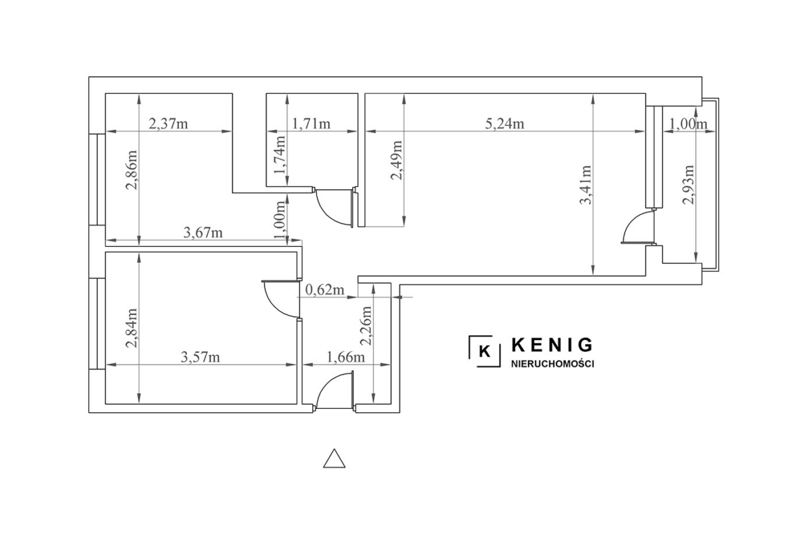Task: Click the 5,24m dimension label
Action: point(505,123)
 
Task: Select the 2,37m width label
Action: point(168,123)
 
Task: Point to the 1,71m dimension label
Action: point(311,123)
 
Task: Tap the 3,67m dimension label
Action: point(203,233)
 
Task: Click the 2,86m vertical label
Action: point(131,169)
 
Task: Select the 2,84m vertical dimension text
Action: point(131,329)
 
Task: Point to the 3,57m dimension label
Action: point(201,357)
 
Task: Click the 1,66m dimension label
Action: point(346,357)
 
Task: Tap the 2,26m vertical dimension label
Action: point(366,325)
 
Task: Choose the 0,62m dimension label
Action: point(325,290)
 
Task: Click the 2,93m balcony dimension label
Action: point(689,185)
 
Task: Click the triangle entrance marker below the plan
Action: point(335,458)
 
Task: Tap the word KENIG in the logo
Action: point(552,345)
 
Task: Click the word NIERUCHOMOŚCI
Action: point(552,364)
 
